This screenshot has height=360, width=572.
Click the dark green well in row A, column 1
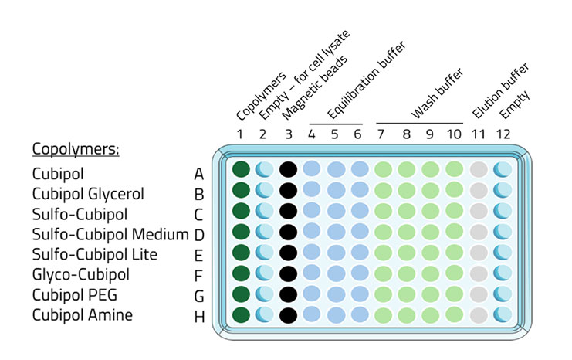[241, 169]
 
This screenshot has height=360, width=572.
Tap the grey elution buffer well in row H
[479, 314]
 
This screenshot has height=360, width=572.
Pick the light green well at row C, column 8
[407, 210]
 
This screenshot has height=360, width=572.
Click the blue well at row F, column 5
[335, 273]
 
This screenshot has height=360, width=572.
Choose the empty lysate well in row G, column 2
[264, 294]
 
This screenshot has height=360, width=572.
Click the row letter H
[199, 315]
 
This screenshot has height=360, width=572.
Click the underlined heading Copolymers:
[75, 148]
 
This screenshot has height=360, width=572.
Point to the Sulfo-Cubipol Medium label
[110, 233]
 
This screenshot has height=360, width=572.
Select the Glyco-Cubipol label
[80, 274]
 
